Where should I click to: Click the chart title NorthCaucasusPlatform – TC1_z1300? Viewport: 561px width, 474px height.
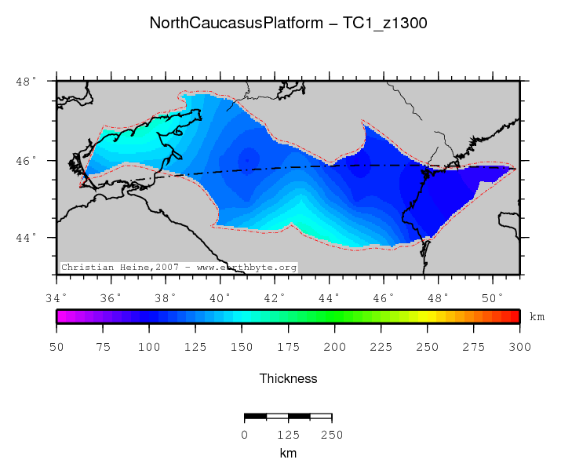tap(288, 24)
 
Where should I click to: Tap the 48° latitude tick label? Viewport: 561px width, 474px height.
tap(27, 82)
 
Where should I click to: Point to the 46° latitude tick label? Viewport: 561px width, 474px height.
tap(27, 161)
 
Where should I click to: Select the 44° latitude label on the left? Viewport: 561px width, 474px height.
tap(27, 238)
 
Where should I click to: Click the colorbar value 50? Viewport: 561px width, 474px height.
tap(56, 347)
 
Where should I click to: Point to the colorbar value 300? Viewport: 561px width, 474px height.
tap(519, 347)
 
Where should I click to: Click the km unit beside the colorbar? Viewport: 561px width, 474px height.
tap(537, 317)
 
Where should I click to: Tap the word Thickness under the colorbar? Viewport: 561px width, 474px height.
tap(288, 379)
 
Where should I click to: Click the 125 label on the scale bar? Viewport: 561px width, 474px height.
tap(288, 435)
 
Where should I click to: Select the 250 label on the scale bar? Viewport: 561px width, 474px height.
tap(332, 435)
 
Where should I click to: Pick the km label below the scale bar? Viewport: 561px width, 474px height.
tap(288, 453)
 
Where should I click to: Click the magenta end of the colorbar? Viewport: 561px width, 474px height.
tap(60, 316)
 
